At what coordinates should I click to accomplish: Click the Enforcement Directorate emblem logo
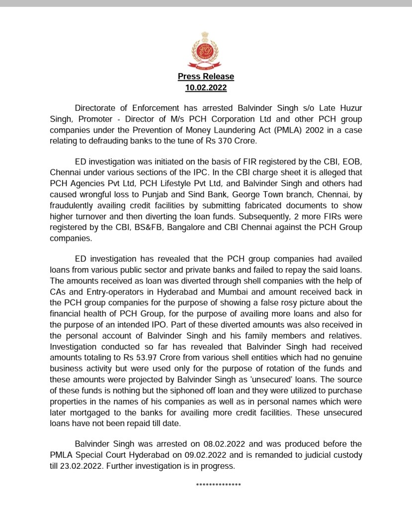tap(206, 51)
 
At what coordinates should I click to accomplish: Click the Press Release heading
tap(206, 77)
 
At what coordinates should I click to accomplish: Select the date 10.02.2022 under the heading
tap(206, 88)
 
